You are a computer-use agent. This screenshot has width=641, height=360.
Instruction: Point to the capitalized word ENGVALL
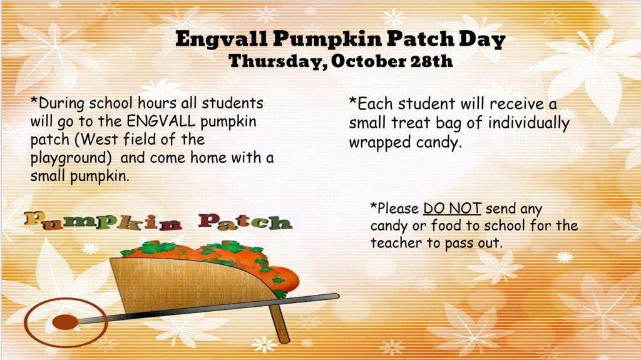click(x=161, y=121)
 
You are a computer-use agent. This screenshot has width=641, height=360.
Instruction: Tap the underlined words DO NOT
click(x=452, y=208)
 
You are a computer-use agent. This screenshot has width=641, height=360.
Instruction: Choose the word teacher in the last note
click(x=396, y=242)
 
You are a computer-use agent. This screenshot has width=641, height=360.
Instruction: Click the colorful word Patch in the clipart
click(x=245, y=222)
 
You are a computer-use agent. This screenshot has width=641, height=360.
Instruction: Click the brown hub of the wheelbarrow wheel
click(x=65, y=322)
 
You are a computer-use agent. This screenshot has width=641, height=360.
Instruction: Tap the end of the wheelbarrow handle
click(x=336, y=296)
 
